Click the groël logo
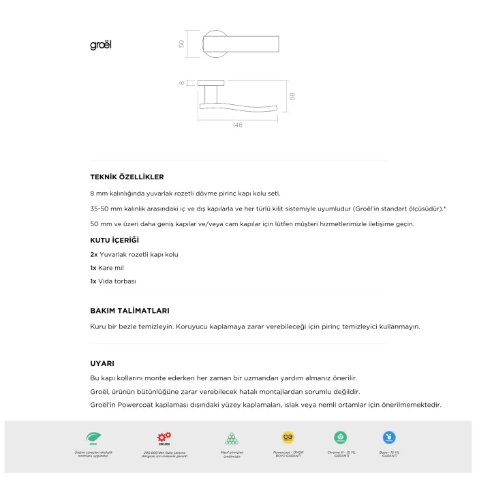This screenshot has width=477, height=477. tap(100, 46)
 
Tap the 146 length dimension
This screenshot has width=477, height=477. tap(237, 125)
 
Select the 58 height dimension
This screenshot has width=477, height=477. tap(292, 97)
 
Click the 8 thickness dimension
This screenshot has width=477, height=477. tap(182, 83)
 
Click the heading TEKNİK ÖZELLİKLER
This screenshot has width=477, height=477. tap(127, 177)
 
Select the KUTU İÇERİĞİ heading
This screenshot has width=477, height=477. tap(114, 241)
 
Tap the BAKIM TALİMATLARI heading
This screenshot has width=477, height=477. tap(129, 311)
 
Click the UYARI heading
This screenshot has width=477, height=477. tap(102, 363)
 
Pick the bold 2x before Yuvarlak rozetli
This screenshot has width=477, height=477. tap(94, 254)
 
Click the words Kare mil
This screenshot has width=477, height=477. tap(112, 268)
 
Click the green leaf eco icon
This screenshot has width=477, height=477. tap(93, 437)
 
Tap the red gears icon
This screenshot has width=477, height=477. tap(164, 437)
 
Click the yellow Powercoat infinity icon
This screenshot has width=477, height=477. tap(288, 437)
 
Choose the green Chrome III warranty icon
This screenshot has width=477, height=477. tap(340, 437)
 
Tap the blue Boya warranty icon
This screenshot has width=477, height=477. tap(389, 437)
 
